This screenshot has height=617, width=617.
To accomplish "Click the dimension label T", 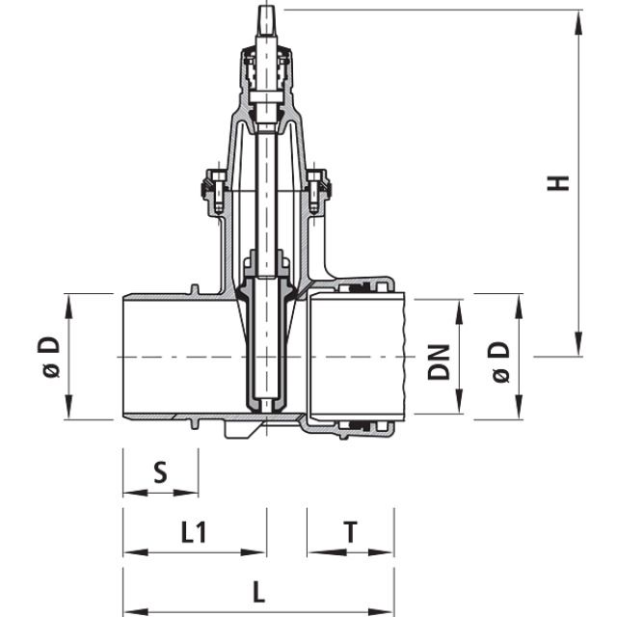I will click(351, 533).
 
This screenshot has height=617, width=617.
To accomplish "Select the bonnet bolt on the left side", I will click(213, 183).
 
